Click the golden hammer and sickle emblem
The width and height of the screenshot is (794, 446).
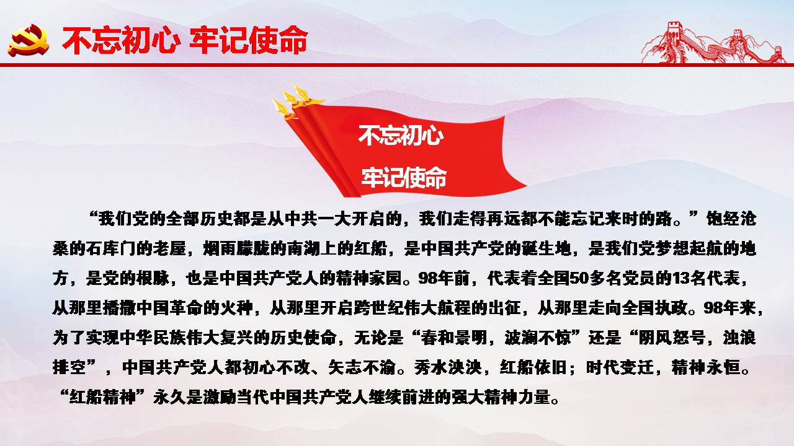(29, 40)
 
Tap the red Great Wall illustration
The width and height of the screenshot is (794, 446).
(713, 43)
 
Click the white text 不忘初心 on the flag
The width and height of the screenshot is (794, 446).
(401, 135)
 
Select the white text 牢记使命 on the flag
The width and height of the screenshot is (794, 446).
(404, 177)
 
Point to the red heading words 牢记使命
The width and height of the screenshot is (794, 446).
(249, 40)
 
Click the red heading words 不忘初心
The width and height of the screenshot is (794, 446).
(121, 40)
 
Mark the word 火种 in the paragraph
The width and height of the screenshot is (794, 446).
(236, 308)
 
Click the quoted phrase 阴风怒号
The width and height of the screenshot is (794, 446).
(671, 338)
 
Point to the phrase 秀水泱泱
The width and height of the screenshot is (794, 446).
(448, 367)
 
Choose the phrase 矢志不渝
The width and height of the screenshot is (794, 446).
(362, 367)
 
